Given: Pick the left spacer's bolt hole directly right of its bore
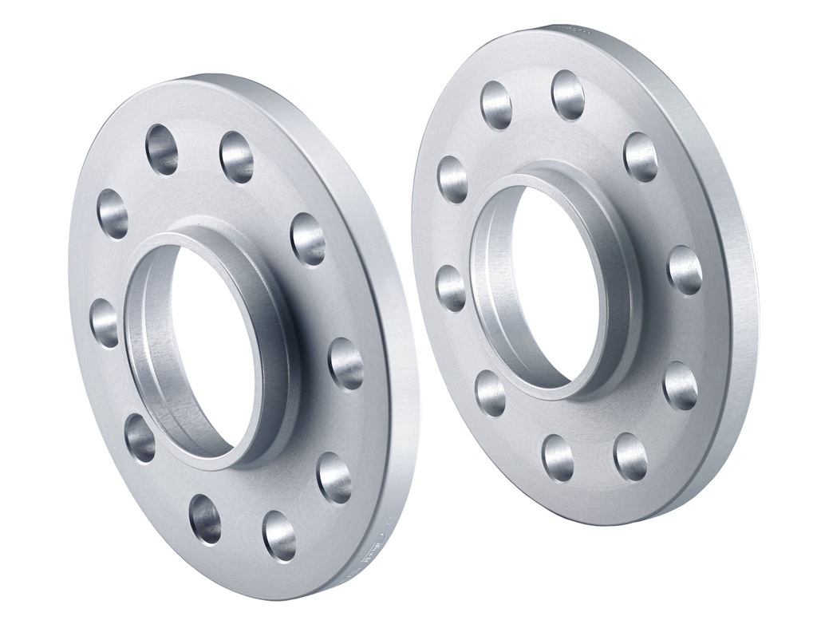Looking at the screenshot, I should pyautogui.click(x=345, y=363).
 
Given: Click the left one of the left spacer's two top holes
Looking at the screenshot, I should pyautogui.click(x=162, y=148).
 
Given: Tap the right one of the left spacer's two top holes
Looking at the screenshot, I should pyautogui.click(x=237, y=157).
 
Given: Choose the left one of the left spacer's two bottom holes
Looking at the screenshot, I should pyautogui.click(x=205, y=518).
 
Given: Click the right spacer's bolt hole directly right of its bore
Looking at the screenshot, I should pyautogui.click(x=685, y=270).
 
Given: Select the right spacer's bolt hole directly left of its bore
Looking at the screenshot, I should pyautogui.click(x=452, y=288).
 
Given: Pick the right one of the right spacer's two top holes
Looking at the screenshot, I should pyautogui.click(x=567, y=95).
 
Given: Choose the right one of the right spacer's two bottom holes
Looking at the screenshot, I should pyautogui.click(x=630, y=456).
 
